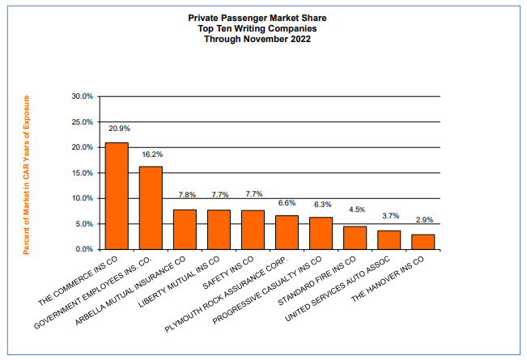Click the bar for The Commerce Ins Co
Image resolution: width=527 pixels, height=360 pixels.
pyautogui.click(x=117, y=196)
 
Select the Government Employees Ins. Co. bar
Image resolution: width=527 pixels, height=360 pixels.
pyautogui.click(x=151, y=208)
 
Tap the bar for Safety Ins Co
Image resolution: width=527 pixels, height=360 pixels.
pyautogui.click(x=253, y=230)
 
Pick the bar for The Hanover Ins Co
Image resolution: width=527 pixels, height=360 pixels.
pyautogui.click(x=423, y=242)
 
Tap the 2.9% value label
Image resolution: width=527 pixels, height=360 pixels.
pyautogui.click(x=424, y=220)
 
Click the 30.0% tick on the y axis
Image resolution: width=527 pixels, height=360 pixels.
pyautogui.click(x=83, y=96)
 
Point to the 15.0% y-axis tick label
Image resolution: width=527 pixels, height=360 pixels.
pyautogui.click(x=83, y=173)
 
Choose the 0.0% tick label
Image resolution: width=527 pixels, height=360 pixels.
pyautogui.click(x=85, y=249)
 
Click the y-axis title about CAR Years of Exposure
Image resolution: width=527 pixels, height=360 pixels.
pyautogui.click(x=26, y=174)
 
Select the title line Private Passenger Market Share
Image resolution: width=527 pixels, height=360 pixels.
pyautogui.click(x=264, y=15)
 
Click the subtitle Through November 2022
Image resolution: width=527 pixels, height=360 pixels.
pyautogui.click(x=264, y=38)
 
